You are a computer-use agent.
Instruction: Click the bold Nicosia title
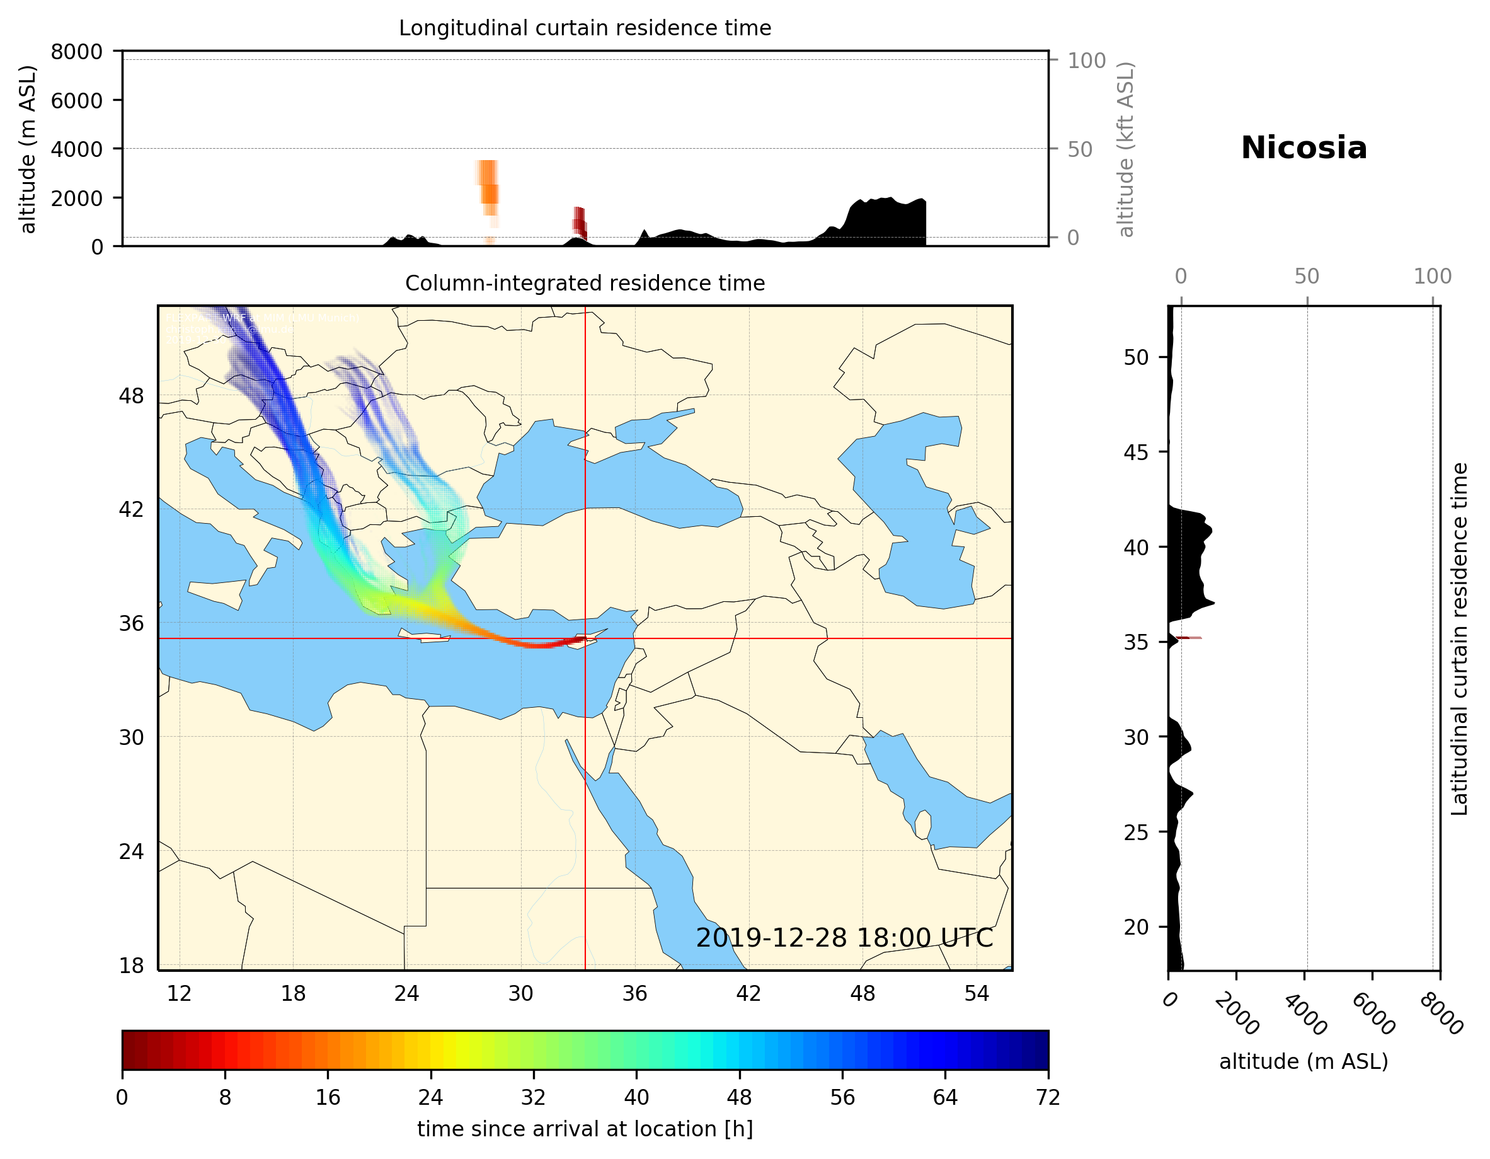point(1304,148)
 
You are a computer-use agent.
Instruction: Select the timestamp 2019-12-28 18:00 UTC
point(844,938)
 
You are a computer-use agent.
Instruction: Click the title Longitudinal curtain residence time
point(585,28)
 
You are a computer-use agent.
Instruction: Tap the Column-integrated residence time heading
point(585,283)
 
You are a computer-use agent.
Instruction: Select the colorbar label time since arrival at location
point(585,1128)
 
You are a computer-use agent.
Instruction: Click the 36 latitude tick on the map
point(131,623)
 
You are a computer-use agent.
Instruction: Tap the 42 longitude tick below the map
point(748,993)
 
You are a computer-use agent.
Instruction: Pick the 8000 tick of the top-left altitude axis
point(76,52)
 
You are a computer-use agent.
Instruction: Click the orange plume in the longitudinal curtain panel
point(488,184)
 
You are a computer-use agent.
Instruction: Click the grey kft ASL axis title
point(1125,149)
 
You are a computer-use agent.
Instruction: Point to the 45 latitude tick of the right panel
point(1136,452)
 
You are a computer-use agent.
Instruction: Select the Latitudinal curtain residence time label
point(1459,638)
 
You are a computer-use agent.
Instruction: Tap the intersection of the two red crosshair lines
point(585,638)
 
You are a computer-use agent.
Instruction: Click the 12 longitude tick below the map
point(180,993)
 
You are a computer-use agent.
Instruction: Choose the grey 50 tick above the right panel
point(1307,277)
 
